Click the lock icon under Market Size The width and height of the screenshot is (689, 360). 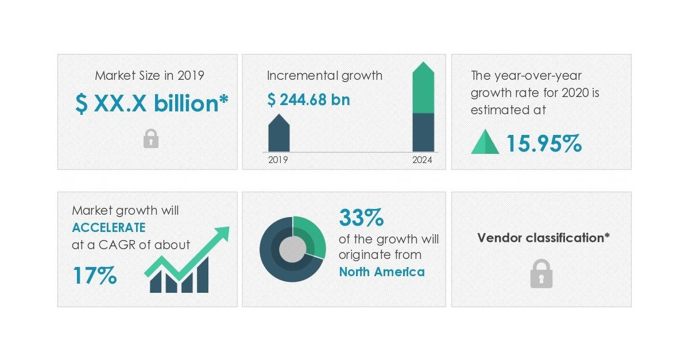[x=150, y=138]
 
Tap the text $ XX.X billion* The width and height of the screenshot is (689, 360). [x=152, y=104]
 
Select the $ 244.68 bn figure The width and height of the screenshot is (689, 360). [x=308, y=100]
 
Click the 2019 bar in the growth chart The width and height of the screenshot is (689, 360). [x=279, y=134]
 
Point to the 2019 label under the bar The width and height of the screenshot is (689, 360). [x=278, y=160]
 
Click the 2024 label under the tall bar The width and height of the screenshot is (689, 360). [x=422, y=160]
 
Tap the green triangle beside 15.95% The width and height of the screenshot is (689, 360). [x=485, y=142]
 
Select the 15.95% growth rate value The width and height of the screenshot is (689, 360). [x=544, y=144]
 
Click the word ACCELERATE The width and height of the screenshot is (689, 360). [x=109, y=227]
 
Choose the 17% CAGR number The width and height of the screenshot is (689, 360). [x=95, y=276]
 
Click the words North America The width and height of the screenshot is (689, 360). [x=382, y=272]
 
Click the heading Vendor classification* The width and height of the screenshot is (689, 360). [x=543, y=238]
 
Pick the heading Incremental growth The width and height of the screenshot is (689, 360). [x=324, y=75]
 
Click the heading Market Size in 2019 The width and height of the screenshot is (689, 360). [x=149, y=75]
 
